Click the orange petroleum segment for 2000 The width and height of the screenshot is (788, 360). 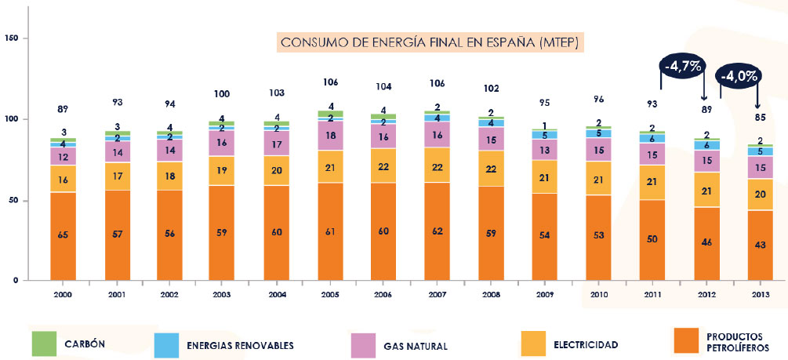63,235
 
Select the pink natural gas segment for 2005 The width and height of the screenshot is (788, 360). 330,136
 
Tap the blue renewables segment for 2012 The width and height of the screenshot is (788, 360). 706,145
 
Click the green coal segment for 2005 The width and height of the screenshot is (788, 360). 330,114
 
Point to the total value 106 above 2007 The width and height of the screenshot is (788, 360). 437,84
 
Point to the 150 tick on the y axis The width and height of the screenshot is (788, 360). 12,38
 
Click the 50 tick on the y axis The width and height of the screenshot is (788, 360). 14,201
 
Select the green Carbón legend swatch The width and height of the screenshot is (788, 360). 45,343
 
